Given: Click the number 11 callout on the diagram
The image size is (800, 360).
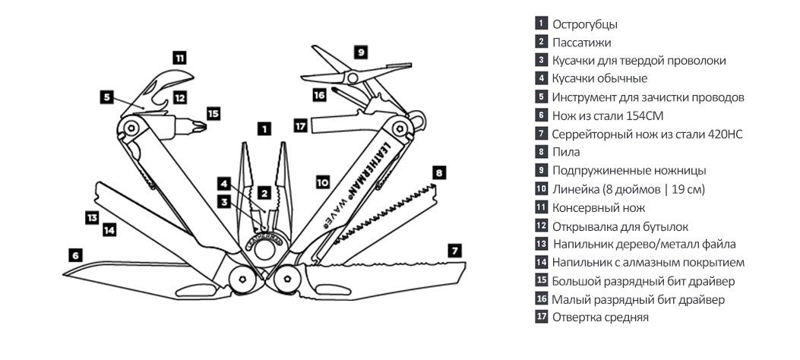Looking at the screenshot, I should click(179, 57).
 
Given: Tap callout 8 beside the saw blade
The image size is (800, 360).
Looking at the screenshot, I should click(438, 172).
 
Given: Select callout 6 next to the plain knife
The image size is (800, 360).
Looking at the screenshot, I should click(74, 255).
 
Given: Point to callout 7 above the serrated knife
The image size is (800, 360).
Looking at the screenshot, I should click(454, 249).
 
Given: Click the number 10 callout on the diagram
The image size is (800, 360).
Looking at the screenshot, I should click(323, 182).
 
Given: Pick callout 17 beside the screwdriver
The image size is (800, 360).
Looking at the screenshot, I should click(301, 125).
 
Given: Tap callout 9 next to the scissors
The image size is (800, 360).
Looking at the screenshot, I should click(361, 52).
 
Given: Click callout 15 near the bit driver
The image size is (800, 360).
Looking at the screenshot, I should click(213, 113).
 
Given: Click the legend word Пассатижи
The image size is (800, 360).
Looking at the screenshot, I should click(581, 43).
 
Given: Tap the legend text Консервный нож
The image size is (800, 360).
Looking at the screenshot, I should click(599, 207).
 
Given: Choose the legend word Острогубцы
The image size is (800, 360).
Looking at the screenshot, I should click(585, 24).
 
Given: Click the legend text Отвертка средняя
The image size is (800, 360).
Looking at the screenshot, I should click(600, 317).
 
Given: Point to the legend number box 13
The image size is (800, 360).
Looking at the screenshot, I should click(541, 244).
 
